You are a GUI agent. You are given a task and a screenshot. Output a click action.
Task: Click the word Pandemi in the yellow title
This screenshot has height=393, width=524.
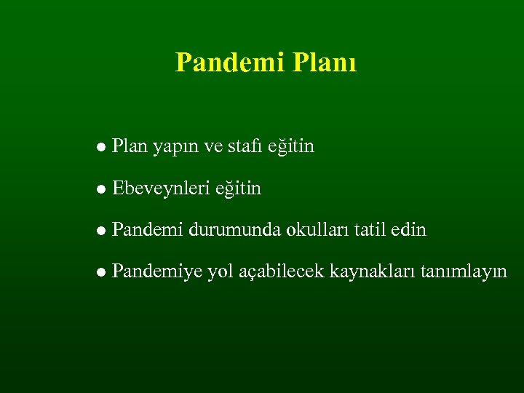pyautogui.click(x=229, y=63)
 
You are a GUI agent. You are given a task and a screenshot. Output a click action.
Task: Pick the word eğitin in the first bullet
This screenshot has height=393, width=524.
pyautogui.click(x=291, y=148)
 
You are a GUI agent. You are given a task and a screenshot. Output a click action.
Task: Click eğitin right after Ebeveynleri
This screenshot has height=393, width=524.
pyautogui.click(x=238, y=190)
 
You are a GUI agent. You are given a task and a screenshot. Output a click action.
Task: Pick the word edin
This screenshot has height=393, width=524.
pyautogui.click(x=409, y=231)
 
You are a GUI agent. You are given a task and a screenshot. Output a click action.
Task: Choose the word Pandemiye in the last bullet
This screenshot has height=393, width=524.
pyautogui.click(x=157, y=274)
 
